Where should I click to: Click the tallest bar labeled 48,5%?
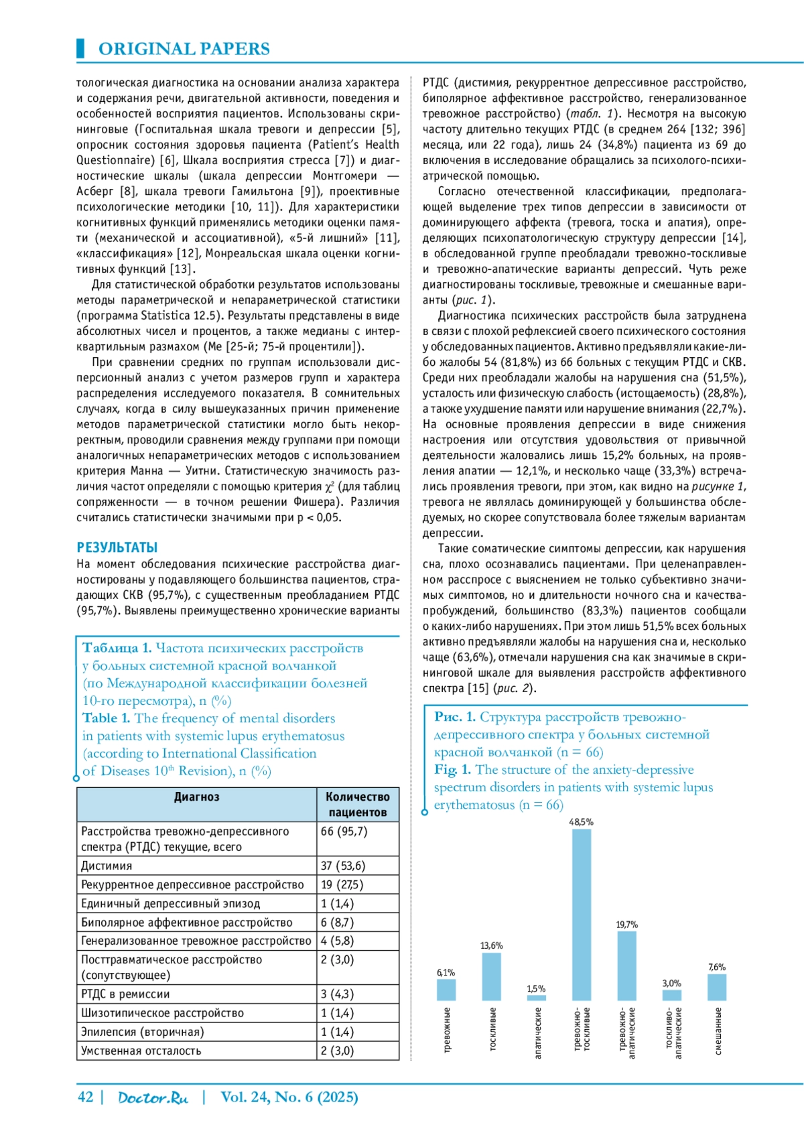click(581, 915)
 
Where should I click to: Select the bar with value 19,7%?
click(626, 965)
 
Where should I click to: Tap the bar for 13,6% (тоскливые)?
click(491, 976)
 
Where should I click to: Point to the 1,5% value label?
click(536, 989)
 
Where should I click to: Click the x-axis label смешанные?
click(718, 1031)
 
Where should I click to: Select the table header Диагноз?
click(196, 797)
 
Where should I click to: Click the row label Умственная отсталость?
click(141, 1051)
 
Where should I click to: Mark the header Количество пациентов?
click(357, 805)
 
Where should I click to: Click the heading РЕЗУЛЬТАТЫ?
click(117, 547)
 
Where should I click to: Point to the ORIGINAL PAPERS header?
click(184, 49)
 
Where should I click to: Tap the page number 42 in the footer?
click(85, 1097)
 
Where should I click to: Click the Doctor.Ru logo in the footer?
click(153, 1097)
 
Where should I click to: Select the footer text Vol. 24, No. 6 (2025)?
click(289, 1097)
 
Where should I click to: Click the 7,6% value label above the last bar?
click(716, 967)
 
